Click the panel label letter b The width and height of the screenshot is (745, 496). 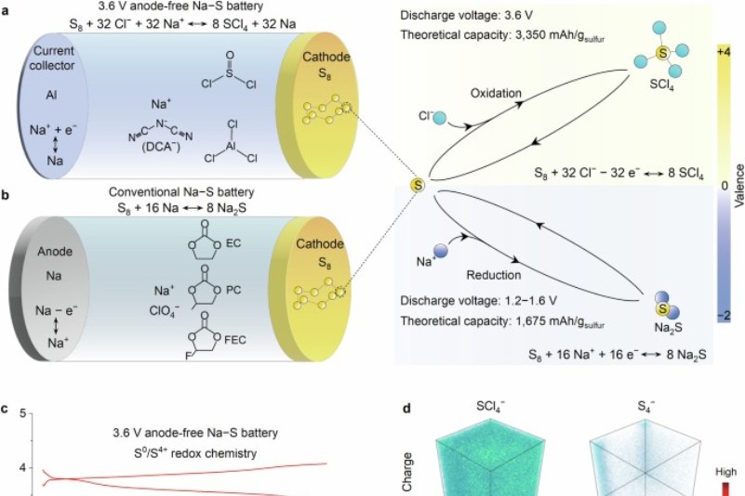coord(7,198)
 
